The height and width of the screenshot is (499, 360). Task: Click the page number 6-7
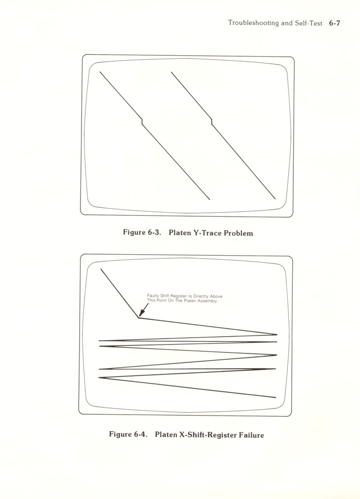point(334,23)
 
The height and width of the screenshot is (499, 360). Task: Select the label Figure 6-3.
point(142,232)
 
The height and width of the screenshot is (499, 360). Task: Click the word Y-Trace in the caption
point(207,233)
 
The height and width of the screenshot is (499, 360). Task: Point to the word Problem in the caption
point(239,233)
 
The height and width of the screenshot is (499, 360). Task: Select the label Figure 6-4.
point(128,434)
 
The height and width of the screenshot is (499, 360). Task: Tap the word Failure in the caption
point(251,435)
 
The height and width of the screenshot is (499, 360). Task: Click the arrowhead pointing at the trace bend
point(141,314)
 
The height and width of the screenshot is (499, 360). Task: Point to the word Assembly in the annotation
point(208,301)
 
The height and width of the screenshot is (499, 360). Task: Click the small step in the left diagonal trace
point(142,121)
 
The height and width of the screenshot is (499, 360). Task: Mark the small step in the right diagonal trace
point(212,121)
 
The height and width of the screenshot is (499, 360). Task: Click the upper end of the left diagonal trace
point(100,72)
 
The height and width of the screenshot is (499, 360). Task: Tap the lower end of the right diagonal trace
point(276,199)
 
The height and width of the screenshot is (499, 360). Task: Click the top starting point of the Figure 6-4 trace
point(101,269)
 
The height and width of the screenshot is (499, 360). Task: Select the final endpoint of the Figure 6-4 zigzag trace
point(276,397)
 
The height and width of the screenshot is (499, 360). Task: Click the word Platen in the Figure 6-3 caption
point(180,232)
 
